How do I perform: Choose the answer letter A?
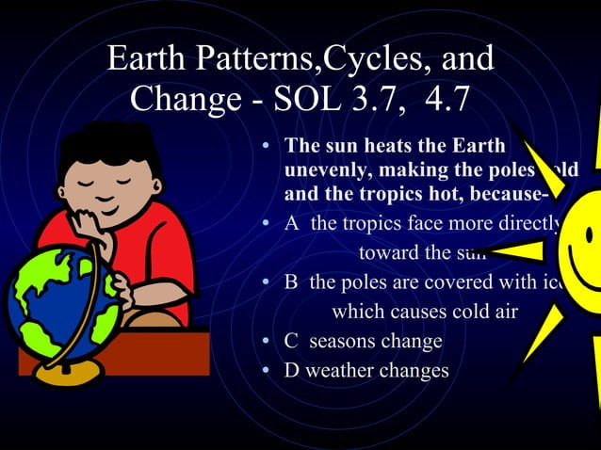click(292, 224)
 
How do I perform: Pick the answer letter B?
click(292, 281)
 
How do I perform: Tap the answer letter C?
click(292, 340)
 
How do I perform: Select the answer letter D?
click(292, 370)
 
